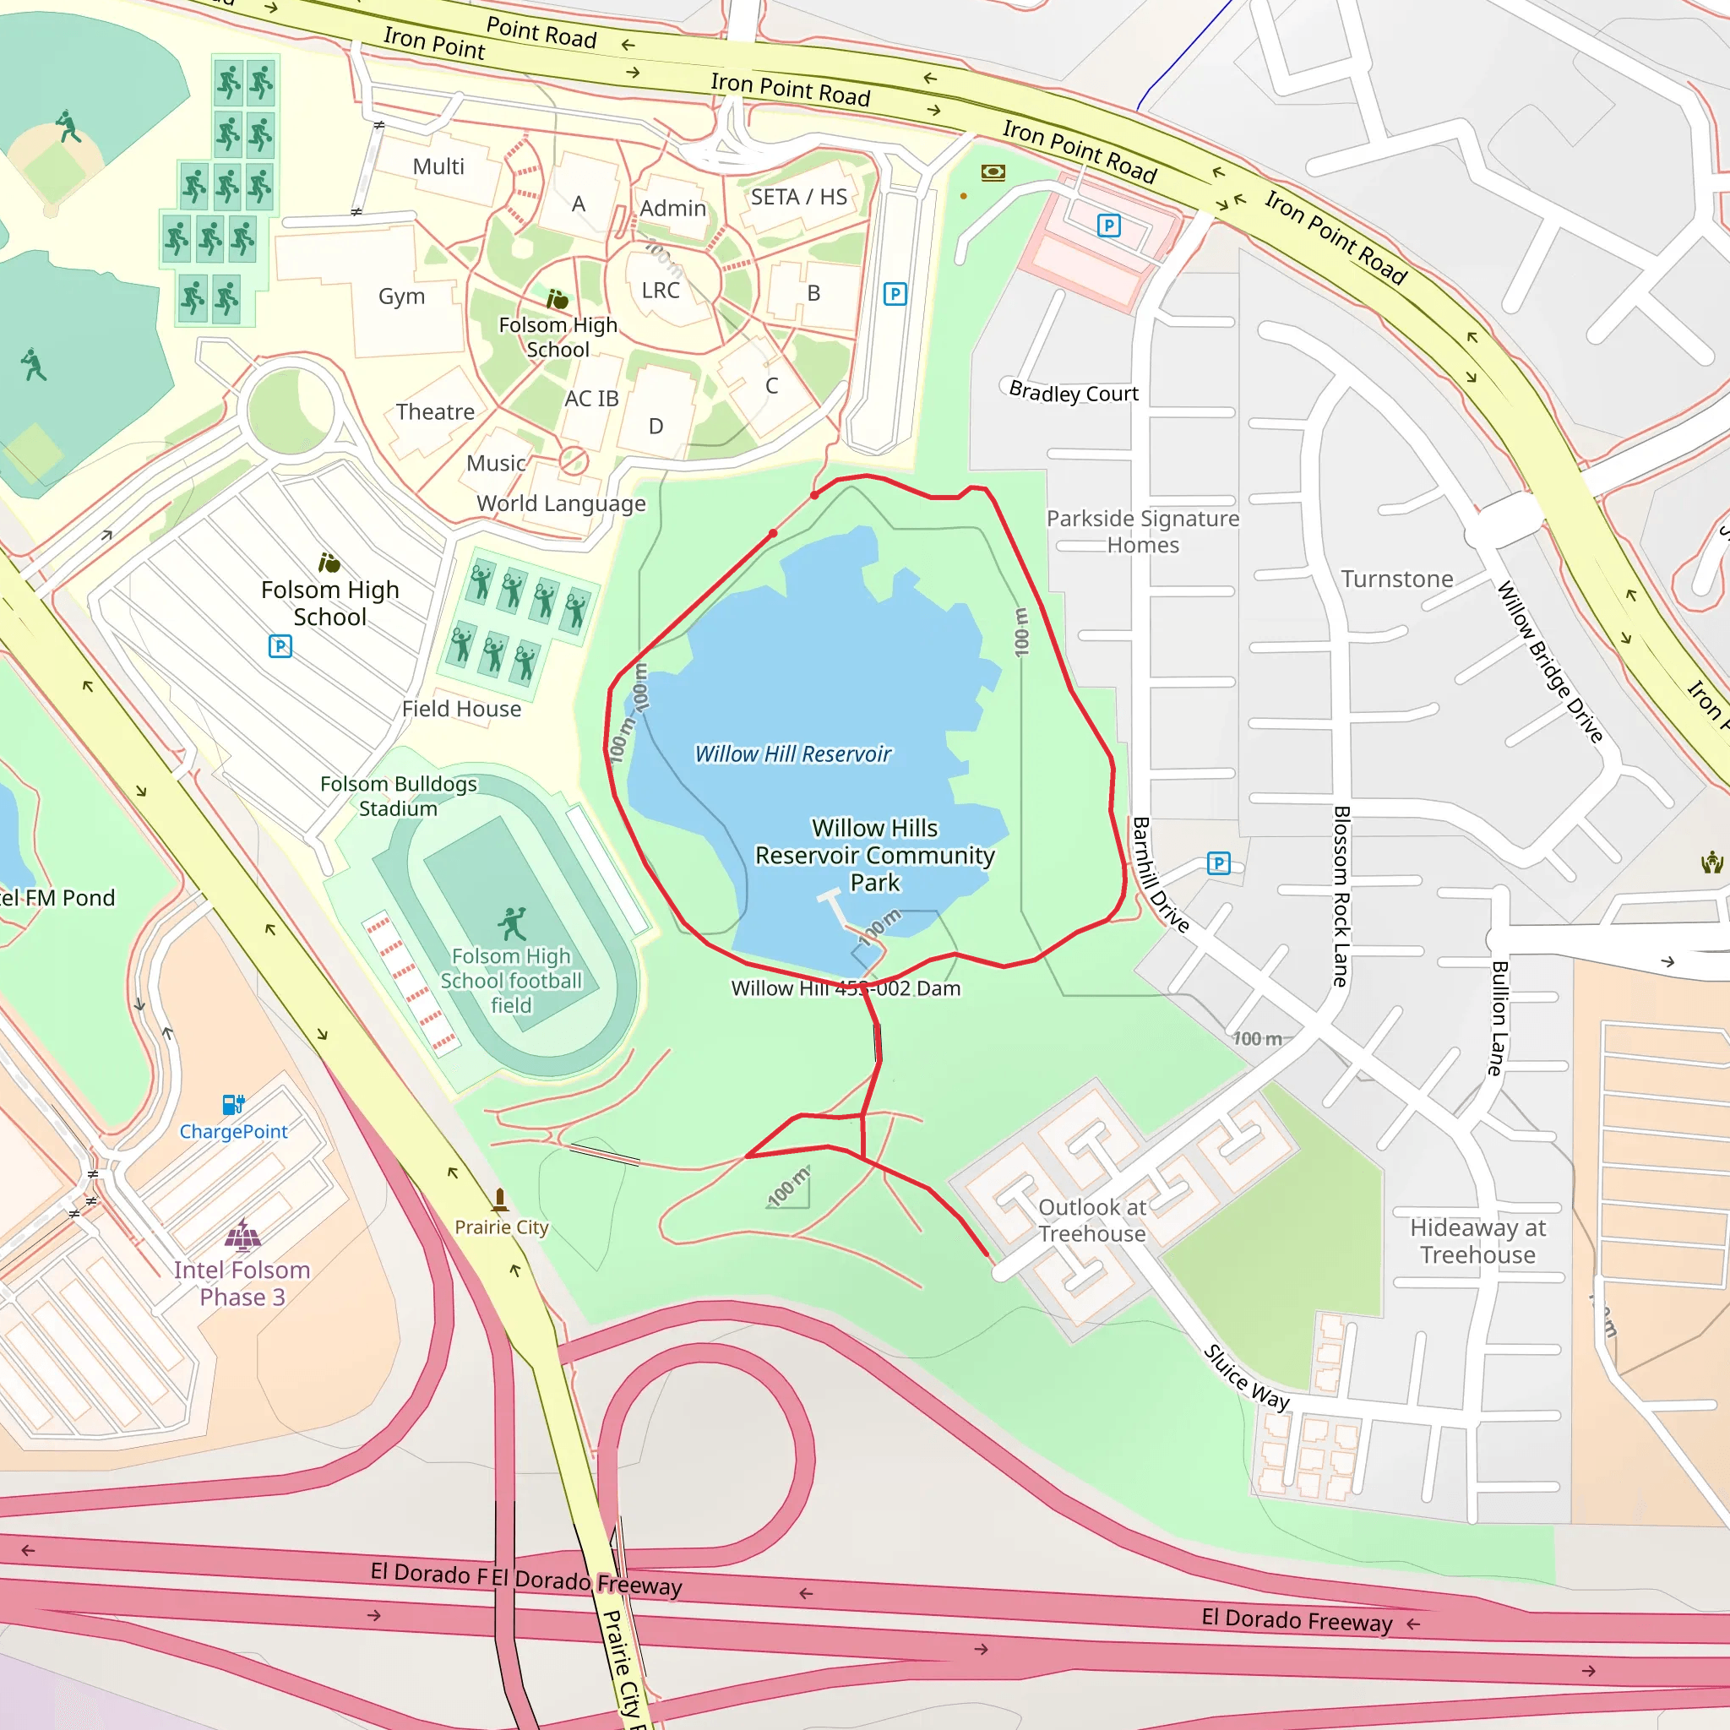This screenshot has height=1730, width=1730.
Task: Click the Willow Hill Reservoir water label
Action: pos(792,754)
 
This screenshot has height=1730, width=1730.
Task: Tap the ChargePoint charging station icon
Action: pos(233,1104)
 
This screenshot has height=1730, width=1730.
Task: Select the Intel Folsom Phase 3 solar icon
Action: pos(242,1235)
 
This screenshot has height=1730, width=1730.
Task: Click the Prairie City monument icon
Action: pos(500,1199)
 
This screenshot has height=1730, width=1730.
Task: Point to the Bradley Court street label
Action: pos(1074,393)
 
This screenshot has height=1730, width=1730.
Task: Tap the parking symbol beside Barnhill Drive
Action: pos(1218,863)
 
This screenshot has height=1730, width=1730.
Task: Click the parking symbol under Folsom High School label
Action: pos(280,645)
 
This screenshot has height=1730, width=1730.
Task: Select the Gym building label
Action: pos(401,296)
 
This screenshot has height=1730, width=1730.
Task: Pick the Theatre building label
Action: pos(435,412)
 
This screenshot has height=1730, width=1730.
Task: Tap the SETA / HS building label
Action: pos(799,197)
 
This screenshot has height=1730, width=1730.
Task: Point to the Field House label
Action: pos(461,710)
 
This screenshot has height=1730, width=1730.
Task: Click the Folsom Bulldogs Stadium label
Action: pos(399,796)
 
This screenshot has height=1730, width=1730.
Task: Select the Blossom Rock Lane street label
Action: pos(1341,895)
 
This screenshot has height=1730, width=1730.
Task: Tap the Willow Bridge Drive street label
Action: pos(1549,661)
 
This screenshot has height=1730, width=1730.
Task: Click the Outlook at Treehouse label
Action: pos(1091,1221)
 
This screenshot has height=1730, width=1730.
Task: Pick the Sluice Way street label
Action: pos(1246,1377)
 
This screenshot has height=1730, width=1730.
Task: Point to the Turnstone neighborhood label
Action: pos(1397,579)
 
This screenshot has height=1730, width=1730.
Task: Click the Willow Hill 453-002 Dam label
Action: pos(846,988)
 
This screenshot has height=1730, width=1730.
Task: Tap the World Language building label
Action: pos(561,503)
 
